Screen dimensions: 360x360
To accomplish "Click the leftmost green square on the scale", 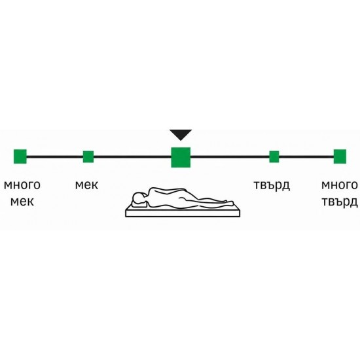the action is point(20,156).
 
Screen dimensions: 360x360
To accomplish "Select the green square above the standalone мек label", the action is point(88,156).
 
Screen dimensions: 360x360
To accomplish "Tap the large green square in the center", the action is point(181,157).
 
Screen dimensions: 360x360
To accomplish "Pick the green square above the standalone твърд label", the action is point(274,156).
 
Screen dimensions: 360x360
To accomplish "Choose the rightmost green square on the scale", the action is point(340,156).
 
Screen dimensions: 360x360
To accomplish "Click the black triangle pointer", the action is point(181,135).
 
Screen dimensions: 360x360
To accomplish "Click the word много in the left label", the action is point(22,185).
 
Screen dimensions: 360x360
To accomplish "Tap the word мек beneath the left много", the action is point(22,202).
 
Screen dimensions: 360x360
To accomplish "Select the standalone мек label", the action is point(87,185).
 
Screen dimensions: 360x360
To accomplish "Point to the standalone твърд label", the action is point(272,185).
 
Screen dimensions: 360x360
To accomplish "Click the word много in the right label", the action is point(340,185).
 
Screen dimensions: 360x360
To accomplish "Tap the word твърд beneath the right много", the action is point(340,202).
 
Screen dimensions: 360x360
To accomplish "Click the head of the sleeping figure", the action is point(139,198).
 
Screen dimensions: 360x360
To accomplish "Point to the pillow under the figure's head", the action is point(139,204).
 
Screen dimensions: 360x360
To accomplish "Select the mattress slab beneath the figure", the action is point(183,213).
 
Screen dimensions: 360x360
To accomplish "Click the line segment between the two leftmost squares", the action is point(55,156).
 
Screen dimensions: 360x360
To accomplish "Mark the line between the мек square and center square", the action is point(132,156).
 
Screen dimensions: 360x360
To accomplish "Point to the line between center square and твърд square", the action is point(230,156).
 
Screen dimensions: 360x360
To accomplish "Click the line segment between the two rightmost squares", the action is point(306,156).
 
